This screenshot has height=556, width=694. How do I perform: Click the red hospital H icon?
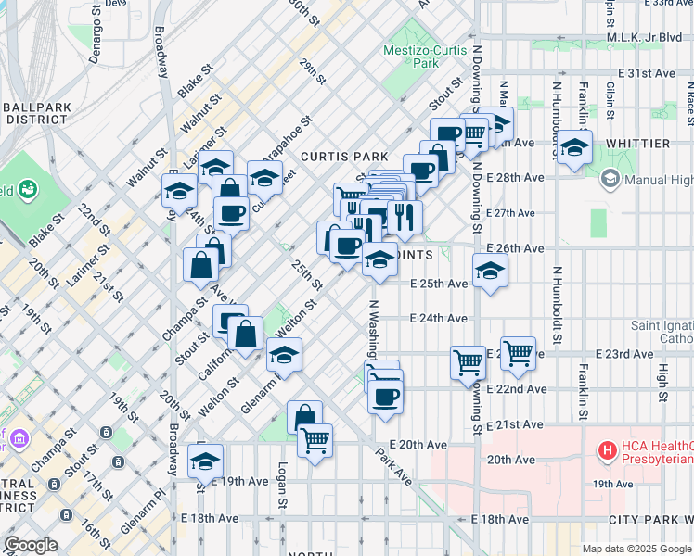point(609,451)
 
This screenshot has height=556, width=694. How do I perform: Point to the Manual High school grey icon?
point(610,178)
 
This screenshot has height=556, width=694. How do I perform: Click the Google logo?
point(31,545)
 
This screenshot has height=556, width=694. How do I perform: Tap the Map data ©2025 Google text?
point(636,549)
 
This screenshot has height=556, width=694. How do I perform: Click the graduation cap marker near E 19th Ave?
point(206,460)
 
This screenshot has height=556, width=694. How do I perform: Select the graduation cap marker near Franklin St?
point(575,146)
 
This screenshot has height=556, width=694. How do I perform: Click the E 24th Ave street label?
point(440,318)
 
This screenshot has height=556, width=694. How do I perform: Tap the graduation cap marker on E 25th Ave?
point(491,272)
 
